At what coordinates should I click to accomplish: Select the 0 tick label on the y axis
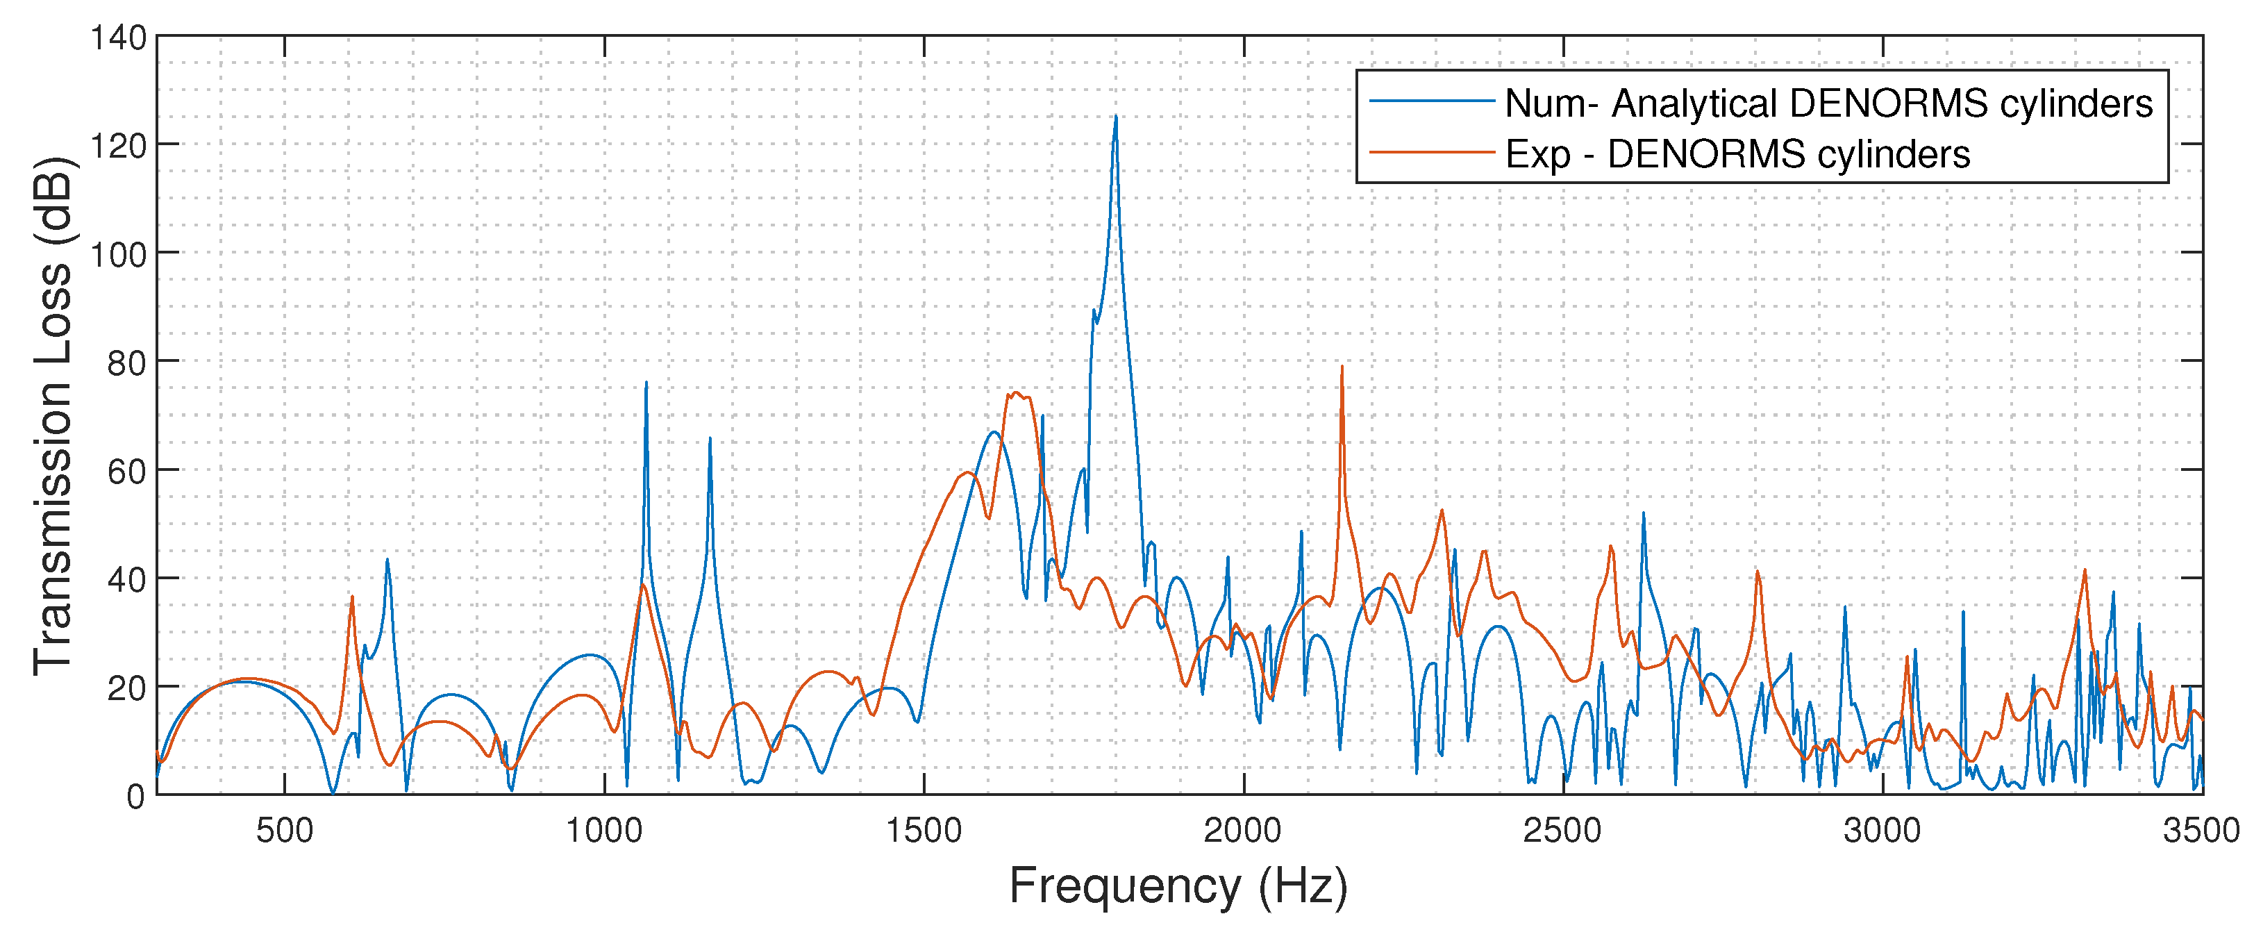[x=135, y=797]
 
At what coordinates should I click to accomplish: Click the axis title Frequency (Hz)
[x=1178, y=886]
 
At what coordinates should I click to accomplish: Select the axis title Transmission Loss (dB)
[x=53, y=416]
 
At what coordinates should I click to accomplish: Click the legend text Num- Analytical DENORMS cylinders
[x=1828, y=103]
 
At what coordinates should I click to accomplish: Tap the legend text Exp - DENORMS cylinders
[x=1737, y=154]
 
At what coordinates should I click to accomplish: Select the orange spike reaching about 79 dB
[x=1342, y=367]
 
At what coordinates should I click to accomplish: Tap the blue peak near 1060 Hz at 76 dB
[x=646, y=383]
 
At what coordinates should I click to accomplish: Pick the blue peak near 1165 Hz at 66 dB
[x=710, y=440]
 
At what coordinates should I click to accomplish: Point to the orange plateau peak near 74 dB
[x=1015, y=394]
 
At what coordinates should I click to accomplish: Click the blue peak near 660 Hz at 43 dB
[x=387, y=560]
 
